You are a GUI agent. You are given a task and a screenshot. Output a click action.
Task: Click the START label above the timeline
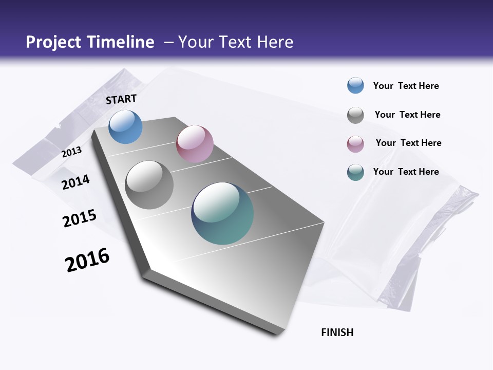pos(121,99)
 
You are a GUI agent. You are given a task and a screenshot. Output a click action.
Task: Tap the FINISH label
pos(337,332)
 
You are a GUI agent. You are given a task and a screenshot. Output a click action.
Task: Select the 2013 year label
pos(71,152)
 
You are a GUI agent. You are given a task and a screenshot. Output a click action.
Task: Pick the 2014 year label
pos(76,182)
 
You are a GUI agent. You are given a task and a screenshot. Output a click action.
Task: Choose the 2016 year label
pos(87,260)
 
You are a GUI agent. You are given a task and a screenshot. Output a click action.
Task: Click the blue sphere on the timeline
pos(126,127)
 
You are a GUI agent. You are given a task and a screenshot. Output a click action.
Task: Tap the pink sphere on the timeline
pos(195,144)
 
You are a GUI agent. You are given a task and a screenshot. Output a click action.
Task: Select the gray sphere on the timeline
pos(149,185)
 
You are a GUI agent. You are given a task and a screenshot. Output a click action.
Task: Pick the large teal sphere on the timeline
pos(222,213)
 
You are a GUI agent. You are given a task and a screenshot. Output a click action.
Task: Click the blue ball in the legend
pos(355,86)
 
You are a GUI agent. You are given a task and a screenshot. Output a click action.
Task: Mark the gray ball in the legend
pos(355,115)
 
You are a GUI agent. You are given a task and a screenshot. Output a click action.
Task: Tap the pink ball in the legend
pos(355,144)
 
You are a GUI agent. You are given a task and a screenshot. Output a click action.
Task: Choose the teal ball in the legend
pos(355,172)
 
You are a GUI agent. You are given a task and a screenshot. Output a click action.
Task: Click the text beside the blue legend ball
pos(406,86)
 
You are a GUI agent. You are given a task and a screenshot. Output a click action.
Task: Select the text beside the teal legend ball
pos(406,172)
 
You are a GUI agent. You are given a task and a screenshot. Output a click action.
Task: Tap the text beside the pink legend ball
pos(408,143)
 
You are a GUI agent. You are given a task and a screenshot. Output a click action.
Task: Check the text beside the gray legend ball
pos(407,115)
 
